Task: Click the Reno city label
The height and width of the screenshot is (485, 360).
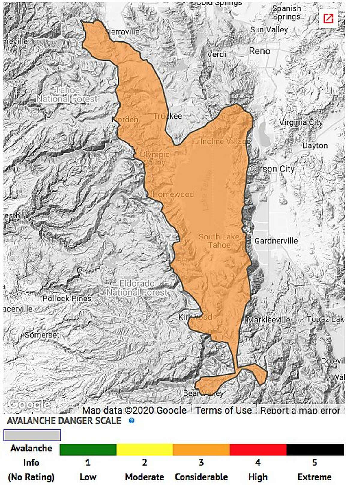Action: pos(259,51)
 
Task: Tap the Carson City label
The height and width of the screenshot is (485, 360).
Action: pos(272,169)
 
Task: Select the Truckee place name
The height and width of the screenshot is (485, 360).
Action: pos(168,116)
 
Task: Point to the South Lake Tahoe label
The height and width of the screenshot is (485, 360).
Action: pos(219,241)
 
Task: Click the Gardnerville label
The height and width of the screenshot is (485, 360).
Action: pos(276,241)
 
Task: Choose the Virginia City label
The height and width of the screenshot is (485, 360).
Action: pos(301,122)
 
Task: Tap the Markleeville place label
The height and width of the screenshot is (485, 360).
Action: pos(268,320)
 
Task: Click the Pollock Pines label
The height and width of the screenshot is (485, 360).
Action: pos(67,298)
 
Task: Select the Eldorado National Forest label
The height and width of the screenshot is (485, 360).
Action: pos(137,288)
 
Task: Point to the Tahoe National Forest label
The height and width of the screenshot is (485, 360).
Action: pos(67,94)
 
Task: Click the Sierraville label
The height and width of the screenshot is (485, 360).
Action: pos(123,32)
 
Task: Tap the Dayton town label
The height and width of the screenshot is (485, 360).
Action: pos(315,146)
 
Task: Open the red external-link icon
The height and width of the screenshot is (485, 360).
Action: pos(328,19)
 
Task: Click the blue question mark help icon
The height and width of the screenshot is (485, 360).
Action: pos(131,420)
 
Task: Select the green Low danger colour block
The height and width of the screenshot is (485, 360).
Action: pos(88,450)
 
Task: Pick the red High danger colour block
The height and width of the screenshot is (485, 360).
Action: pos(258,450)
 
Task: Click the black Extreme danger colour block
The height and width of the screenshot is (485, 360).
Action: pos(315,450)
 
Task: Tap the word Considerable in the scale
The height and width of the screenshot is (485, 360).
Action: pos(201,477)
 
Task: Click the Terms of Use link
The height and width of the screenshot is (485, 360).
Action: pos(223,410)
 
